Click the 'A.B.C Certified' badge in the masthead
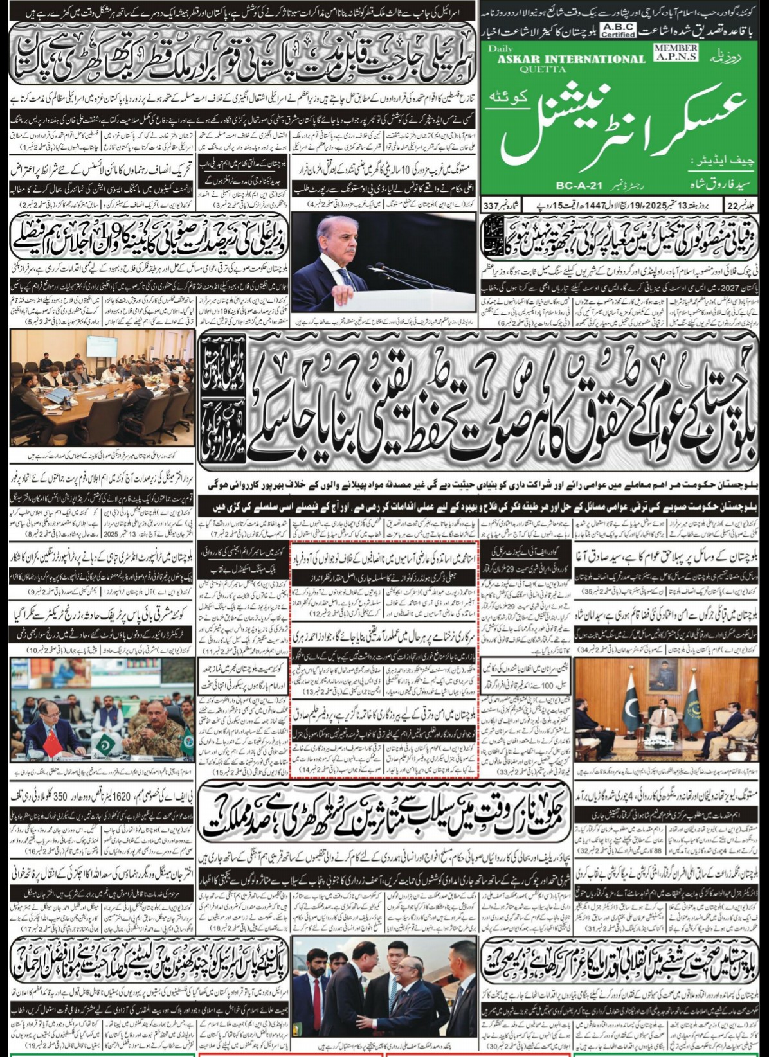tap(617, 30)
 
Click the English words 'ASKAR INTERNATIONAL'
tap(571, 59)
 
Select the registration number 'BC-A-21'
tap(579, 186)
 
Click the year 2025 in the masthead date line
tap(649, 206)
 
